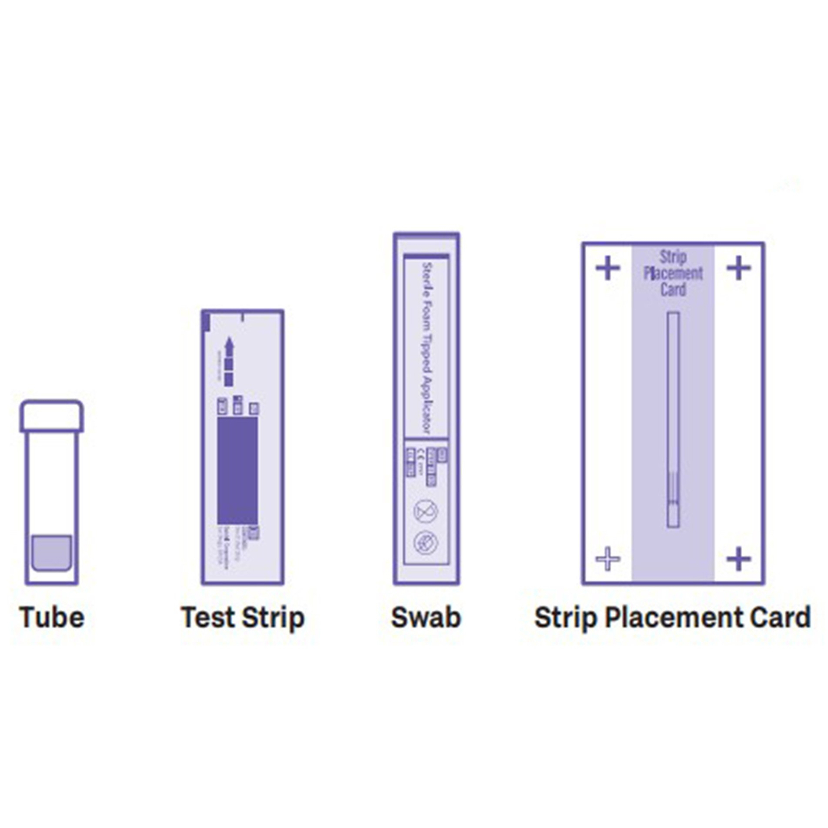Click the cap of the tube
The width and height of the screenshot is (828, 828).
coord(51,416)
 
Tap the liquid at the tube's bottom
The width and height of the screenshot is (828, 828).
coord(51,552)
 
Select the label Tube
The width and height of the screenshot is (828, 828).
coord(52,617)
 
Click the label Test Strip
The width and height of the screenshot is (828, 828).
coord(243,617)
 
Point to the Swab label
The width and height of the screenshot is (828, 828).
coord(426,617)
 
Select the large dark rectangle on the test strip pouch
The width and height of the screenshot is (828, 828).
coord(237,470)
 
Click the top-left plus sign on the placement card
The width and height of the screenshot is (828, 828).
coord(608,268)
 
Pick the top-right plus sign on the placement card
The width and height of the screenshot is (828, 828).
coord(739,268)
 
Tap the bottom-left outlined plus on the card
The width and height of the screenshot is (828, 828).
coord(608,558)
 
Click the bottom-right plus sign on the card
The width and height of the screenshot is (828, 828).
coord(739,558)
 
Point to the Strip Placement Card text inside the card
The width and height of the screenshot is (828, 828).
coord(673,273)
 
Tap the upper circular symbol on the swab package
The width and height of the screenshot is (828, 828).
coord(426,510)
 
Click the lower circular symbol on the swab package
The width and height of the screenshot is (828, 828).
coord(426,543)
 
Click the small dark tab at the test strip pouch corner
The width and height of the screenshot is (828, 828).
coord(206,322)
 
